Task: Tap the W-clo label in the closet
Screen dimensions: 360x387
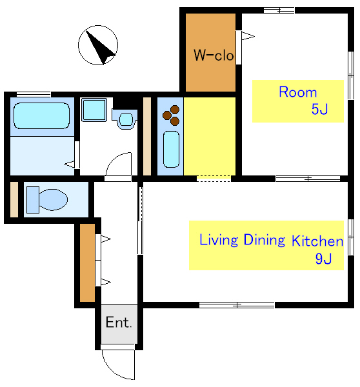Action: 214,55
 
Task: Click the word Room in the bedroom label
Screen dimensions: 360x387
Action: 298,92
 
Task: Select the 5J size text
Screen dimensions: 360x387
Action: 319,109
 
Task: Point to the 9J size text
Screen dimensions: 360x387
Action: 323,259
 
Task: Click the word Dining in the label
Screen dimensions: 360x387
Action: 265,240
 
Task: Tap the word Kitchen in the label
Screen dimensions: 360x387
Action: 317,241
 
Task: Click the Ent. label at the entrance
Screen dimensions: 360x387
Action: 119,322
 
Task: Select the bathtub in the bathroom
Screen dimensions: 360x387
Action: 41,115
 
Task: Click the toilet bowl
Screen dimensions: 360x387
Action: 53,200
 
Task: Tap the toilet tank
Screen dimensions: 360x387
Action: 33,200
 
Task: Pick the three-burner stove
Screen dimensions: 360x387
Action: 171,115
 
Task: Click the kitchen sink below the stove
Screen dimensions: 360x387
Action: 171,150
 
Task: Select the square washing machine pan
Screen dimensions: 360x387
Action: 94,110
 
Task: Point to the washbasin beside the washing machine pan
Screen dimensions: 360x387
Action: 125,119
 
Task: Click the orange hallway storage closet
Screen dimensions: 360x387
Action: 87,263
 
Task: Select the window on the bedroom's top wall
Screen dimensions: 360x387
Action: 279,10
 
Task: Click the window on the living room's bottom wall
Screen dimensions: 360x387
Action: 237,305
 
